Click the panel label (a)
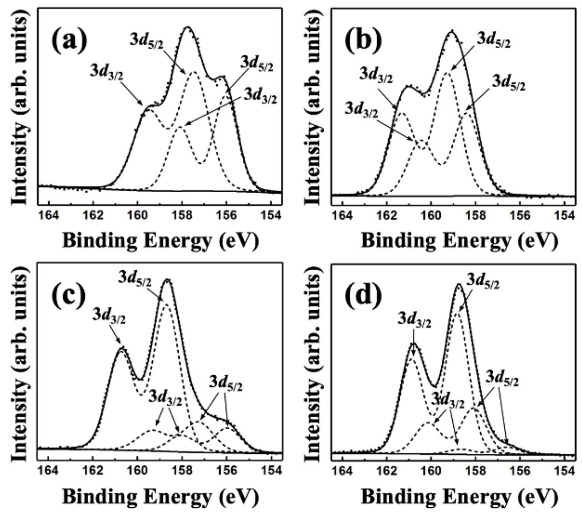(x=69, y=40)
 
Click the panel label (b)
(x=364, y=40)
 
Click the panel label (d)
(x=364, y=295)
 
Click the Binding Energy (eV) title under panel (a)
(x=161, y=240)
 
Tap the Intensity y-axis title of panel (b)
(x=313, y=107)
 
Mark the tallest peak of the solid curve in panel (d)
(x=459, y=284)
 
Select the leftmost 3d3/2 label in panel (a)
(x=106, y=71)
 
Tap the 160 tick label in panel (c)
(x=137, y=470)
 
